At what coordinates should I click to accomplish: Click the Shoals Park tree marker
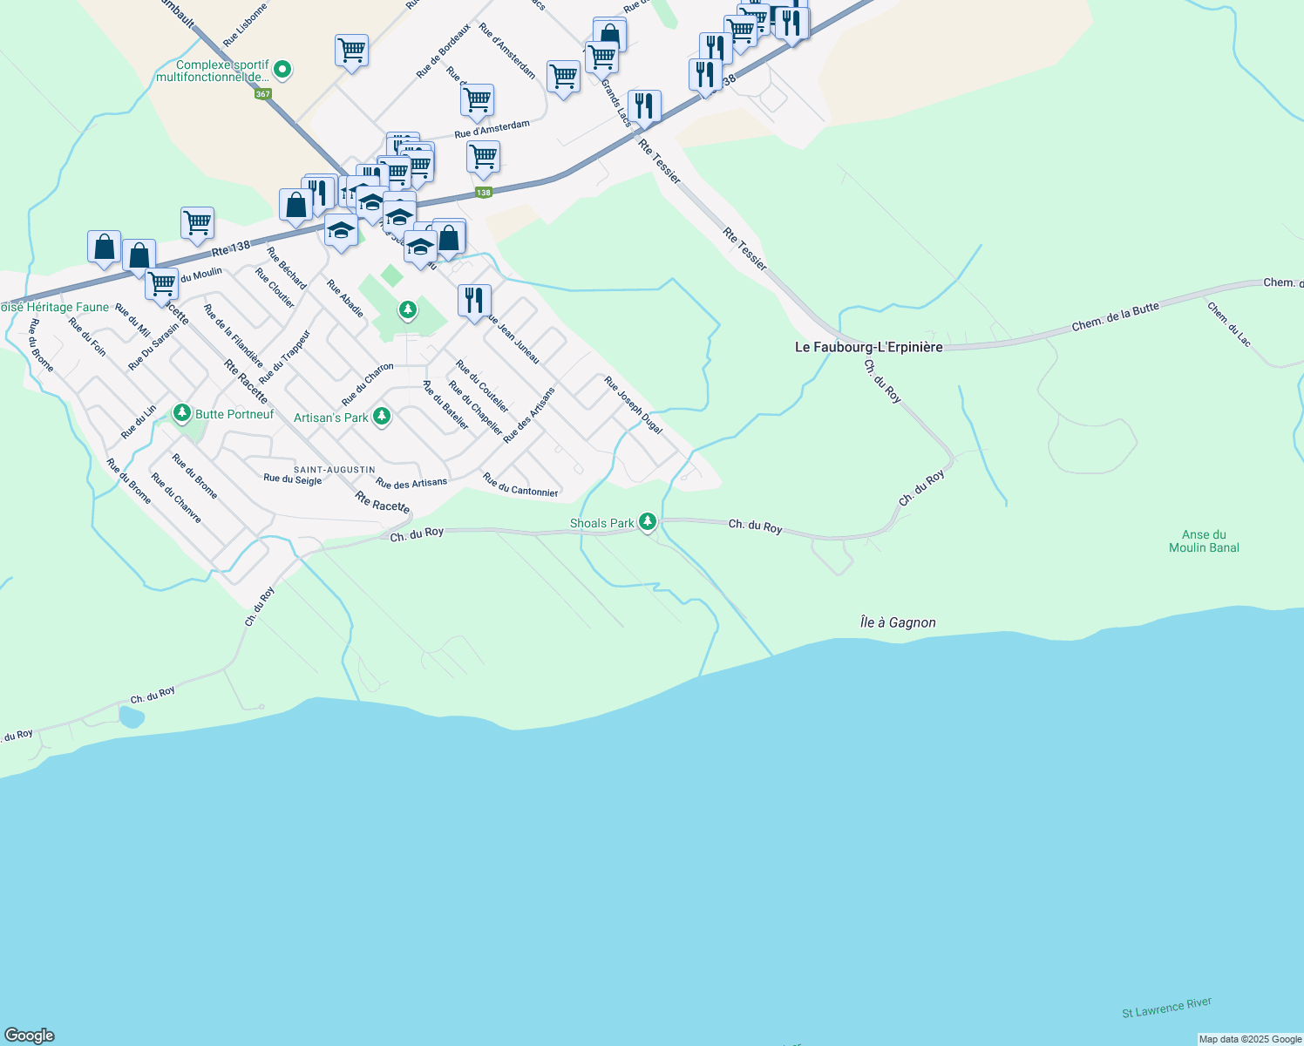tap(647, 522)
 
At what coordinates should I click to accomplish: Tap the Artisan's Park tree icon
tap(381, 417)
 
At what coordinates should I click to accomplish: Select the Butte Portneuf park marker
tap(182, 412)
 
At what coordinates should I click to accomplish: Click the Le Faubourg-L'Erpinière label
tap(868, 347)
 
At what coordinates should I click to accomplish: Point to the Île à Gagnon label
tap(898, 622)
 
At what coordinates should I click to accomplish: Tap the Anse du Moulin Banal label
tap(1204, 541)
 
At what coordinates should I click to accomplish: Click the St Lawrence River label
tap(1166, 1008)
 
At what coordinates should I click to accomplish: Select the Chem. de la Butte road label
tap(1116, 316)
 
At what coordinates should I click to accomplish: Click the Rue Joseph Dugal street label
tap(634, 405)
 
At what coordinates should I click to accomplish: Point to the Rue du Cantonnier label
tap(520, 486)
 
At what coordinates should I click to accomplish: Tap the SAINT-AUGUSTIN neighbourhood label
tap(334, 470)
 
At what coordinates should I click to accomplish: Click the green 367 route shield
tap(262, 94)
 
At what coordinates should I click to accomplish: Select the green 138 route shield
tap(483, 192)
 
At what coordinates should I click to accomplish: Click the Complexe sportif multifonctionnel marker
tap(282, 69)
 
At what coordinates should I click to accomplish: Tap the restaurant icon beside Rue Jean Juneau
tap(474, 301)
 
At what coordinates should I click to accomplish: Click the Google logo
tap(30, 1036)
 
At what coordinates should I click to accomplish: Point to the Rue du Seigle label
tap(293, 479)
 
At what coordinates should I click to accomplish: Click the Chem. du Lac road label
tap(1230, 323)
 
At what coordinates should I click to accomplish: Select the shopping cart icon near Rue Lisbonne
tap(351, 51)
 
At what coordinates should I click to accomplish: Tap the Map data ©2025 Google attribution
tap(1250, 1039)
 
